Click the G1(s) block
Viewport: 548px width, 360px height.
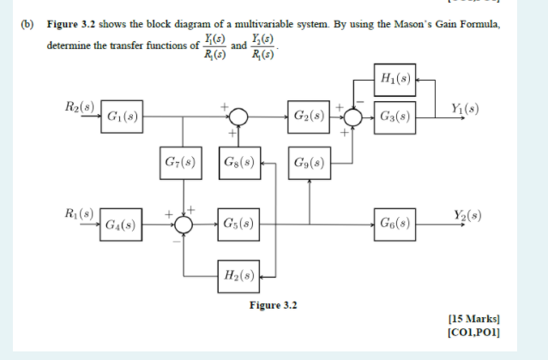pyautogui.click(x=122, y=115)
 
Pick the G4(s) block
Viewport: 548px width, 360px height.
pyautogui.click(x=122, y=225)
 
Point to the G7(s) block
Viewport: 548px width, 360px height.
pyautogui.click(x=182, y=161)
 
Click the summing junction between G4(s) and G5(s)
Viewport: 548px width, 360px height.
pyautogui.click(x=183, y=225)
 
